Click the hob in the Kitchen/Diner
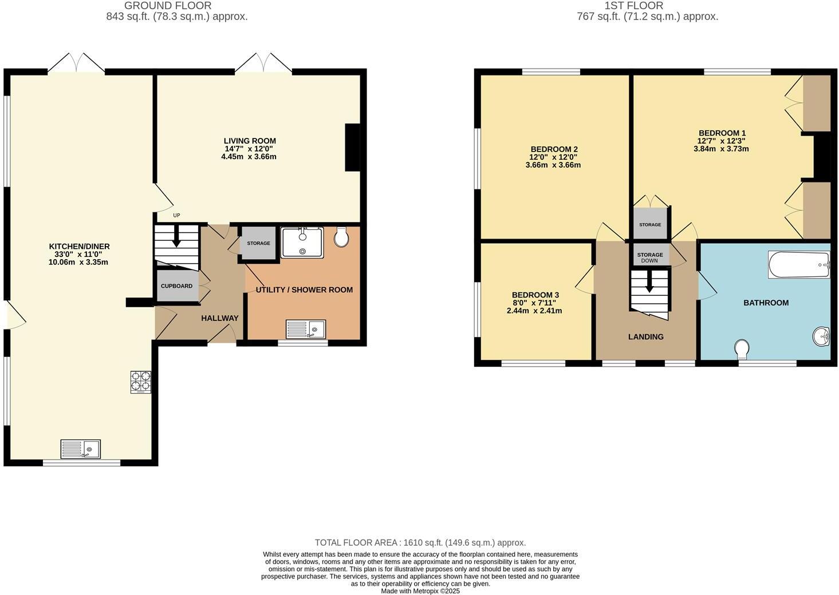[x=141, y=382]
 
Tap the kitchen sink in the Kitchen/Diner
[x=81, y=449]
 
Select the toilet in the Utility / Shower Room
[x=341, y=237]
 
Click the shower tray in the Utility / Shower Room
[x=302, y=242]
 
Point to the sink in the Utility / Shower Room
[x=306, y=329]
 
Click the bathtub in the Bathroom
[x=799, y=265]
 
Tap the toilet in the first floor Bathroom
[x=742, y=348]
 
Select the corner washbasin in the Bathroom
[x=821, y=336]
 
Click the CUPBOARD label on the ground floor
[x=176, y=286]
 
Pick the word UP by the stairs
[x=176, y=216]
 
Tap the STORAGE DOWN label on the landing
[x=650, y=257]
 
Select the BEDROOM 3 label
[x=535, y=295]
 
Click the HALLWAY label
[x=219, y=318]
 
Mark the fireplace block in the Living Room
[x=352, y=148]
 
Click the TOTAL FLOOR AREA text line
[x=420, y=542]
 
